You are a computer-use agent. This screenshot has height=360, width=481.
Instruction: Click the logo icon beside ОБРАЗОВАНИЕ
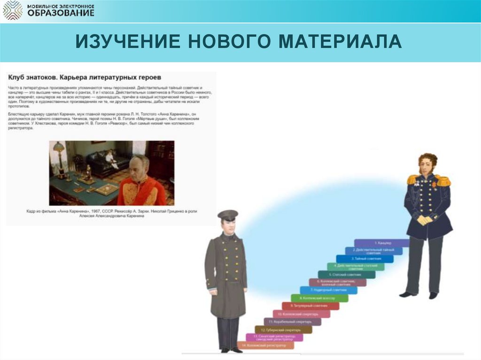point(12,10)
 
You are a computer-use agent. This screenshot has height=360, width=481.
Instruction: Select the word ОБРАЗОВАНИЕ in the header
point(61,13)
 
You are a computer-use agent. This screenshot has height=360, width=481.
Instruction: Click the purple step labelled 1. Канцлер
point(382,243)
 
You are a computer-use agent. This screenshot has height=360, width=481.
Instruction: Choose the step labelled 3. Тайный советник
point(365,259)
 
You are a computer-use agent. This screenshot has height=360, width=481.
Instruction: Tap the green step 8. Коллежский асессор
point(319,298)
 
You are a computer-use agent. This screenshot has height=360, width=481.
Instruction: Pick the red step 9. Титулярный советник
point(310,306)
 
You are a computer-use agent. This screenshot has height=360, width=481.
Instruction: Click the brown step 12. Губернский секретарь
point(283,329)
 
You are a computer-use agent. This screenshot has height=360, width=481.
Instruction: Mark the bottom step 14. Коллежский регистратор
point(265,345)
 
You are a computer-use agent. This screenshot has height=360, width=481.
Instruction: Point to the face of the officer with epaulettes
point(427,165)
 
